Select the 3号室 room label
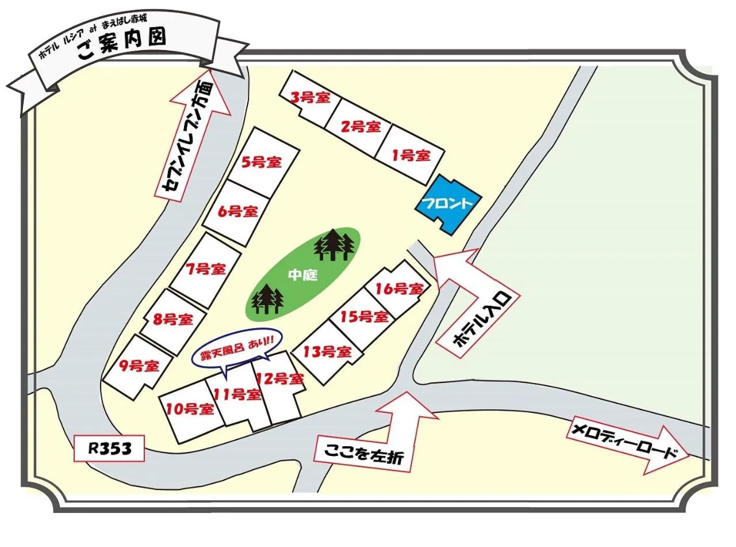point(310,97)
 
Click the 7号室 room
point(205,269)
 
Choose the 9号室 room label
point(139,366)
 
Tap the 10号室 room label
point(190,409)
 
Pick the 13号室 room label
point(327,351)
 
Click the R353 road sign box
point(109,449)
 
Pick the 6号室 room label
point(237,211)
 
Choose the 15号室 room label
point(364,316)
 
